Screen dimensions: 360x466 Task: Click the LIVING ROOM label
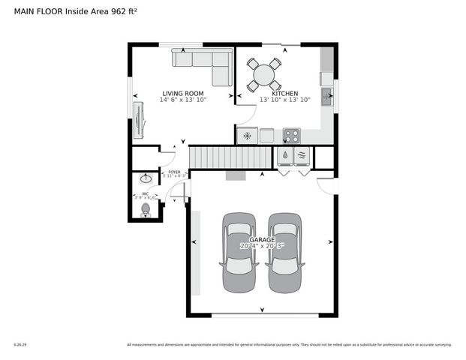coord(184,93)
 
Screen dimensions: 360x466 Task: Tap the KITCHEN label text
coord(284,93)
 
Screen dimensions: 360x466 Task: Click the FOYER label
coord(174,172)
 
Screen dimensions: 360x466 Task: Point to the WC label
coord(145,193)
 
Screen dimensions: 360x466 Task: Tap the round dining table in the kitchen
coord(264,74)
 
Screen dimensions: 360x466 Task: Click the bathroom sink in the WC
coord(145,180)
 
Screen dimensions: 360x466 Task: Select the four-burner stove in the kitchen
coord(291,136)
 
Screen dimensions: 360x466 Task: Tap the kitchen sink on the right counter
coord(327,96)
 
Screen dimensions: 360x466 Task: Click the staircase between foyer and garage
coord(228,157)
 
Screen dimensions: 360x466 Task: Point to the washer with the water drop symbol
coord(286,156)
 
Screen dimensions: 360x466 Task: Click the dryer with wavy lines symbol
coord(303,156)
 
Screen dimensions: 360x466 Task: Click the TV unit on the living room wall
coord(139,118)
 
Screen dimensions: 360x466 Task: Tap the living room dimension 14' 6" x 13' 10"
coord(184,100)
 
